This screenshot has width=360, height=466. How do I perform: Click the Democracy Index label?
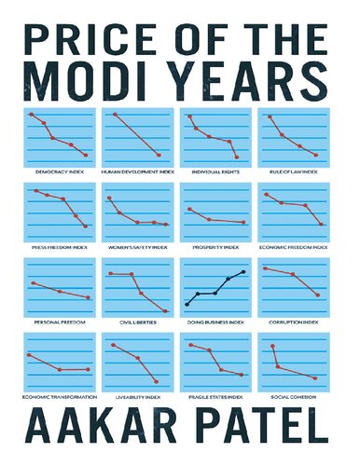tap(58, 172)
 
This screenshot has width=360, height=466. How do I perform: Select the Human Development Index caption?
tap(136, 172)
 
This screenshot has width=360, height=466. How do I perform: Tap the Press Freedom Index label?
tap(58, 248)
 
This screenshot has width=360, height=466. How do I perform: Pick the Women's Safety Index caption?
tap(136, 248)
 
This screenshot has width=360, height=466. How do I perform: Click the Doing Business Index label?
tap(215, 322)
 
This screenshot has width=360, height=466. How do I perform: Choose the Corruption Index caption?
tap(293, 322)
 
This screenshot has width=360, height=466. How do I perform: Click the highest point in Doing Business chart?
tap(244, 271)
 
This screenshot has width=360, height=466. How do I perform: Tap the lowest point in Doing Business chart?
tap(187, 305)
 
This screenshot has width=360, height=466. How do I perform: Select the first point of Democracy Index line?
tap(32, 115)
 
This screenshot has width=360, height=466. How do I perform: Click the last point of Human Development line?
tap(159, 155)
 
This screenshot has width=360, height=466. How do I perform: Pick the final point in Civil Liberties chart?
tap(165, 311)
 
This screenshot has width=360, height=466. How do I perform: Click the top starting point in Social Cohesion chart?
tap(272, 346)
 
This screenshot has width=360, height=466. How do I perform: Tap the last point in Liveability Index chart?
tap(156, 381)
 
